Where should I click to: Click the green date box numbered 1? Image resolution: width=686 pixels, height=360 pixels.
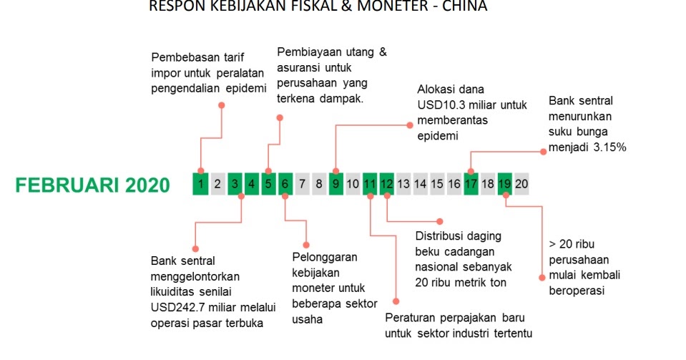tap(201, 184)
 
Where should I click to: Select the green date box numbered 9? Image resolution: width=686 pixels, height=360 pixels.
tap(336, 184)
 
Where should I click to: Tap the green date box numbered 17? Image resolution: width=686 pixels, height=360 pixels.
tap(471, 184)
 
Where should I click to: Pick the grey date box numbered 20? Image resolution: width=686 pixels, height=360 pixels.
tap(521, 184)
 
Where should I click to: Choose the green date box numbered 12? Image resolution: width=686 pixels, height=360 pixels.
tap(387, 184)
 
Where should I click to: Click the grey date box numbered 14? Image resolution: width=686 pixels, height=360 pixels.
tap(421, 184)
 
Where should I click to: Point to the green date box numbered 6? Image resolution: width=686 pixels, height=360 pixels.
tap(285, 184)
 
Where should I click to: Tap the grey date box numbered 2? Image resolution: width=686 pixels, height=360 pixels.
tap(218, 184)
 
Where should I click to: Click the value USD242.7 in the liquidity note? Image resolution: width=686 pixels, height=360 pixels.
tap(182, 308)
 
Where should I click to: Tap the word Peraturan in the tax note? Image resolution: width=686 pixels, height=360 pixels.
tap(411, 317)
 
